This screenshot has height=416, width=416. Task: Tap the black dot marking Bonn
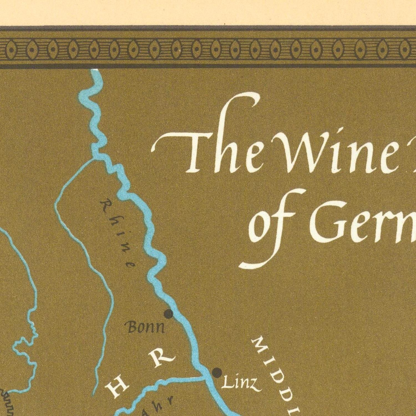pyautogui.click(x=168, y=314)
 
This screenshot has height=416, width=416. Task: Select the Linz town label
pyautogui.click(x=241, y=383)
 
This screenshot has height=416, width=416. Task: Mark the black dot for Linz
pyautogui.click(x=217, y=372)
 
